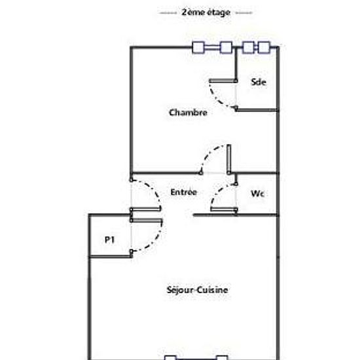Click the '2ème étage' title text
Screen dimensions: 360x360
pyautogui.click(x=206, y=12)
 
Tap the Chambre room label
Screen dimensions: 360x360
pyautogui.click(x=188, y=113)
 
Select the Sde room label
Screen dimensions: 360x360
pyautogui.click(x=259, y=82)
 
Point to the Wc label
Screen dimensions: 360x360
pyautogui.click(x=258, y=194)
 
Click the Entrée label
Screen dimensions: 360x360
pyautogui.click(x=184, y=192)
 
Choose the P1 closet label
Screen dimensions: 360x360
pyautogui.click(x=109, y=240)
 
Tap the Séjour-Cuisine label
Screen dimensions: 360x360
pyautogui.click(x=198, y=290)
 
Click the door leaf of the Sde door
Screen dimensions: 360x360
pyautogui.click(x=223, y=81)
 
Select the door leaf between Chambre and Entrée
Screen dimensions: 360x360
pyautogui.click(x=228, y=159)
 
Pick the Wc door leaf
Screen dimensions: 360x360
pyautogui.click(x=224, y=209)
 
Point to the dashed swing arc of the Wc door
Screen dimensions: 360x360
pyautogui.click(x=218, y=192)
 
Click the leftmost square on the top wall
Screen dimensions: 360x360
pyautogui.click(x=198, y=48)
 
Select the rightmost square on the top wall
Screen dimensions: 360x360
pyautogui.click(x=264, y=48)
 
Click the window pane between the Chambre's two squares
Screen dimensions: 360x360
pyautogui.click(x=212, y=48)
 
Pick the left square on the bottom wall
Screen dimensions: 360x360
pyautogui.click(x=170, y=357)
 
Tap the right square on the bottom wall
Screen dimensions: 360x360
pyautogui.click(x=222, y=357)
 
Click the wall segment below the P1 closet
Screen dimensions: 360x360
pyautogui.click(x=111, y=257)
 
